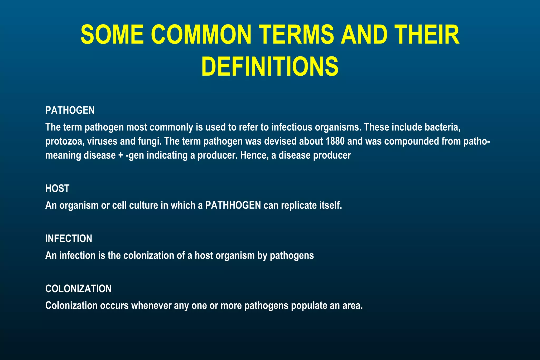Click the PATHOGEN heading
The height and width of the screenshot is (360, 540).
point(70,110)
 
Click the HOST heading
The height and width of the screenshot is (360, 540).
point(57,189)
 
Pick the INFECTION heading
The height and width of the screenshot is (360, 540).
point(69,239)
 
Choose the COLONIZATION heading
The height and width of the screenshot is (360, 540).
point(78,289)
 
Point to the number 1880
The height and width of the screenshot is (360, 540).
point(335,141)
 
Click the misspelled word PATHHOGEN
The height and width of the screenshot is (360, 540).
point(233,205)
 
